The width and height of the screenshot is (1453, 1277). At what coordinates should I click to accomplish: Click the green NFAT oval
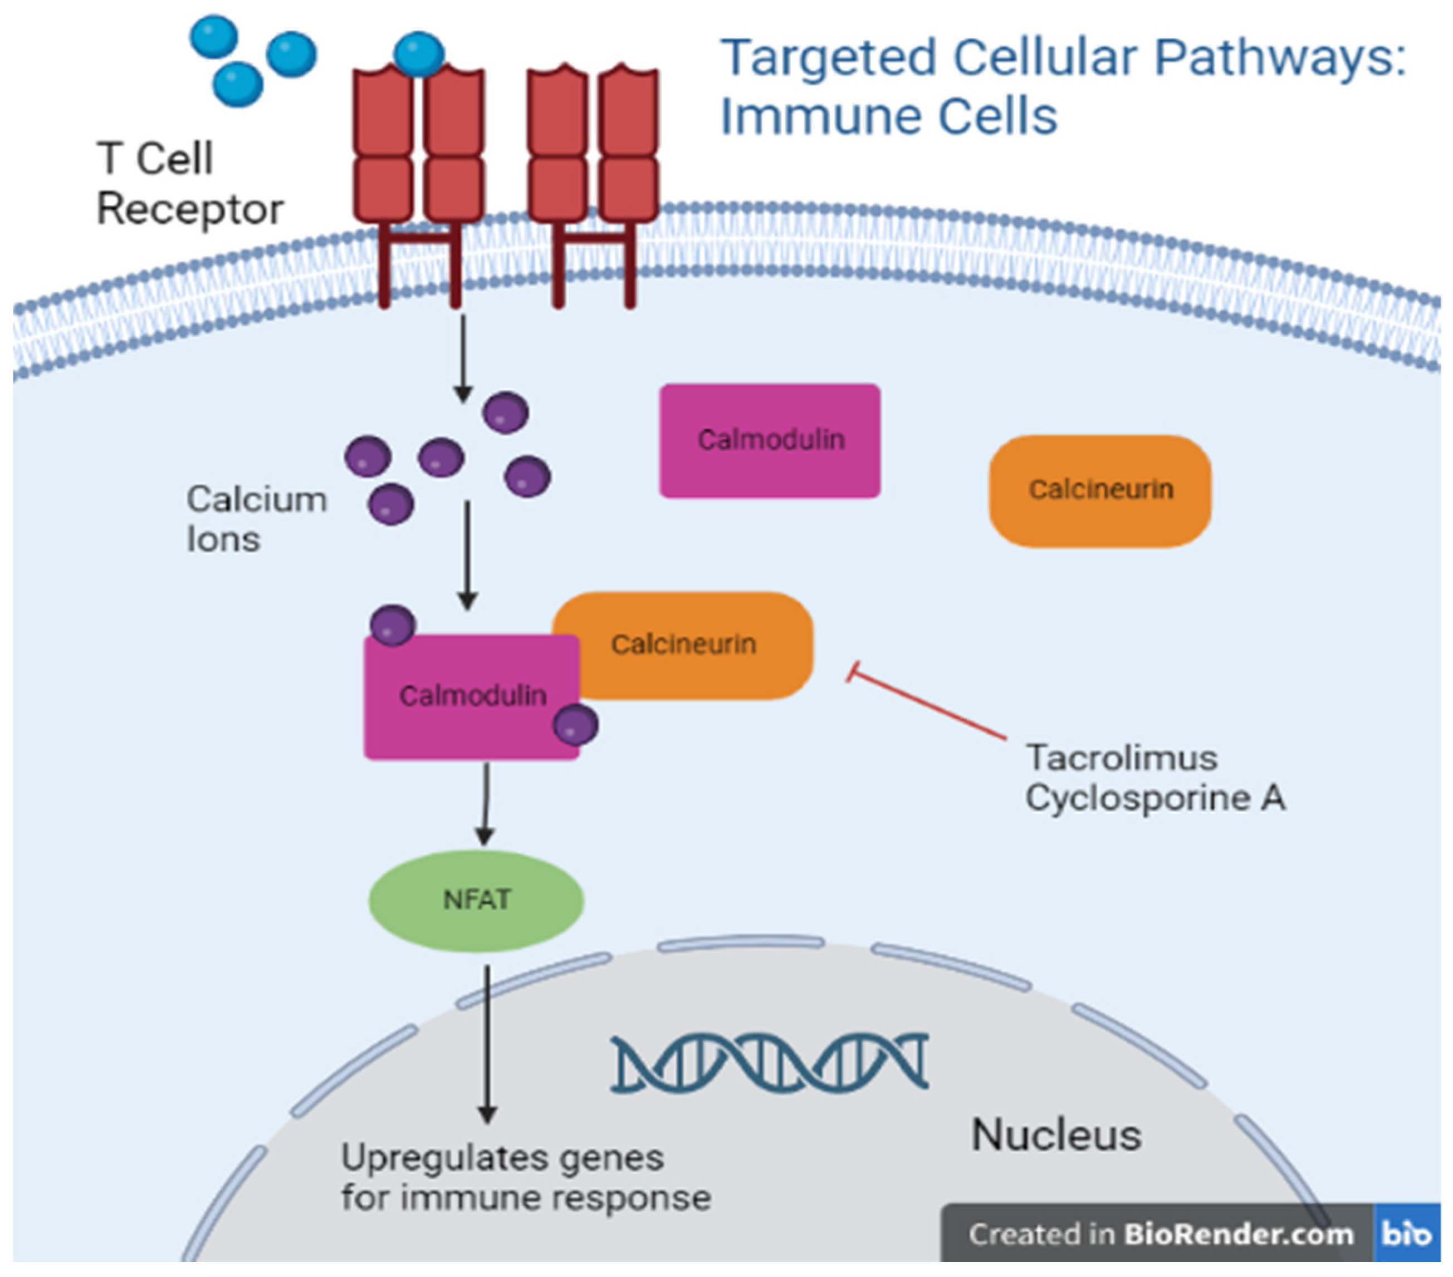tap(476, 900)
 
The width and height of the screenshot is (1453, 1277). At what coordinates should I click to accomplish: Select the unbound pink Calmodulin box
tap(770, 440)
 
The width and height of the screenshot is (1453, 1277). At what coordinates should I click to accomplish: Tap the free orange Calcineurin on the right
tap(1100, 490)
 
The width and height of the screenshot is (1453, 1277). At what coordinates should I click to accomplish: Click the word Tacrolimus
tap(1121, 758)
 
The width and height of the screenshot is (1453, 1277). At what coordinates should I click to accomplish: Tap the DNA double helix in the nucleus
tap(770, 1062)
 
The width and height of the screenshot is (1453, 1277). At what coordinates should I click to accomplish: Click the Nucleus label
tap(1055, 1135)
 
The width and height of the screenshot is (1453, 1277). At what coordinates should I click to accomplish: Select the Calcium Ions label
tap(256, 519)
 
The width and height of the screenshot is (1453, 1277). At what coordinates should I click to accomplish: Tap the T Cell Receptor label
tap(188, 183)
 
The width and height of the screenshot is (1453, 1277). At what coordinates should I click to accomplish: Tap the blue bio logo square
tap(1406, 1234)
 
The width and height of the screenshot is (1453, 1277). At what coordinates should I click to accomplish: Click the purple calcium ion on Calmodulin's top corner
tap(393, 625)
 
